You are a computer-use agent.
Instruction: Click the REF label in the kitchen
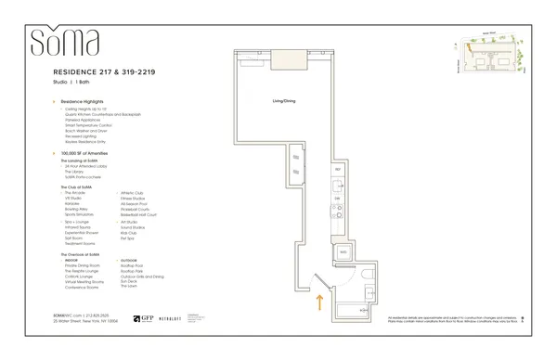(x=338, y=171)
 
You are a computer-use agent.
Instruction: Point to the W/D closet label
(x=342, y=251)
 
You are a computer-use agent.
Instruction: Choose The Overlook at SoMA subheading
(x=84, y=254)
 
